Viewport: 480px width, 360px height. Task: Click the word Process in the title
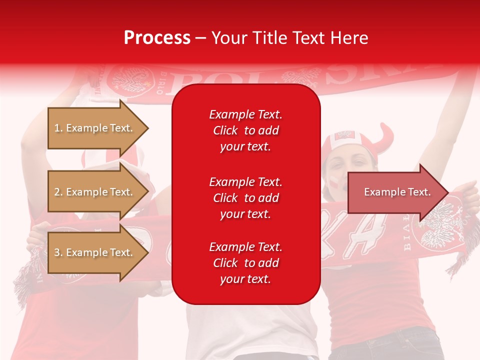157,38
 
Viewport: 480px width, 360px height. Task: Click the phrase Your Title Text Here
289,38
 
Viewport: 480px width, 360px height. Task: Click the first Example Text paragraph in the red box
245,130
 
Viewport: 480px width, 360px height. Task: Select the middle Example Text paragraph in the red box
245,198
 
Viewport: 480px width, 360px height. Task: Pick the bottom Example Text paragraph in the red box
245,263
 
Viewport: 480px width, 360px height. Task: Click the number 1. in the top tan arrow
58,128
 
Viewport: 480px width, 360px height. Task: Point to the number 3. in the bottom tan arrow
58,252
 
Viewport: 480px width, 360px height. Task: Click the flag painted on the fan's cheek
333,182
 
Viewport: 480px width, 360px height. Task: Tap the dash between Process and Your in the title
200,38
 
